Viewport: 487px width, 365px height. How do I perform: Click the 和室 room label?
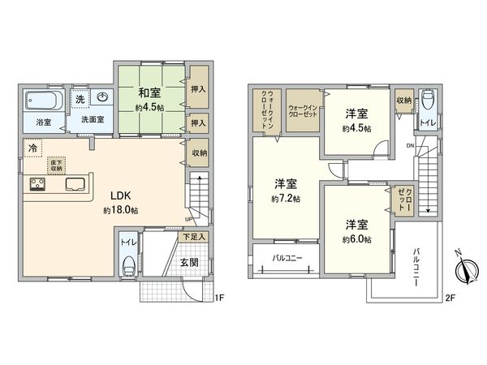tap(150, 92)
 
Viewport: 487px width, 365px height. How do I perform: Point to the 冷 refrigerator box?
tap(32, 148)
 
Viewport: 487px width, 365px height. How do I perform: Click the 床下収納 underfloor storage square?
tap(56, 164)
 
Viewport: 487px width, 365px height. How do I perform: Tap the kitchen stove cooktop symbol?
tap(37, 182)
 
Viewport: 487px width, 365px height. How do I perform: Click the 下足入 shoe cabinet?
tap(193, 237)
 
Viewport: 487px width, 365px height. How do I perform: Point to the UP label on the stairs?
tap(189, 219)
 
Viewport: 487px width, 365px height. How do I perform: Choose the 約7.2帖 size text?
tap(287, 198)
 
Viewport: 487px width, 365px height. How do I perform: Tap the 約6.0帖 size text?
tap(356, 239)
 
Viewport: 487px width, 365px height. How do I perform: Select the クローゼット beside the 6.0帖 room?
tap(403, 200)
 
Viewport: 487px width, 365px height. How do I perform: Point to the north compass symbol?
tap(463, 267)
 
